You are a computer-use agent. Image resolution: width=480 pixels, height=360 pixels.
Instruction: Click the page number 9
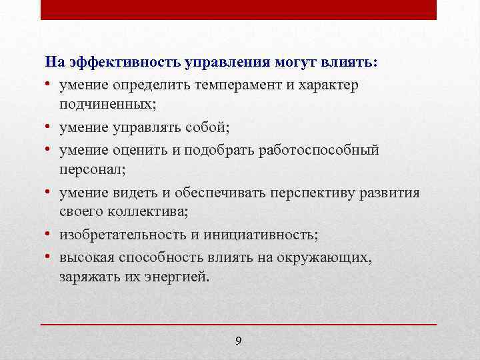click(239, 341)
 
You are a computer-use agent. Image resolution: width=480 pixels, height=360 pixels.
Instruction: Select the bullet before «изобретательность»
click(49, 235)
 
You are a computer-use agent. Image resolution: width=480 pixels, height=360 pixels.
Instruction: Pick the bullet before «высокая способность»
click(49, 257)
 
